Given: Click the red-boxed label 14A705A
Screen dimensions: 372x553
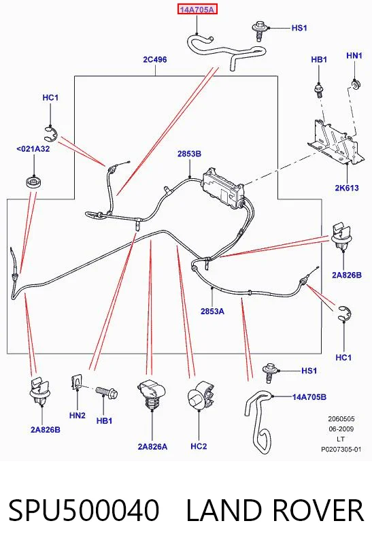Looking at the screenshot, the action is point(197,10).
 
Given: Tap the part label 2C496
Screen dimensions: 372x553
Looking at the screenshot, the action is point(155,60).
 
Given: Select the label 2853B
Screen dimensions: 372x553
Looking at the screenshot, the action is point(189,154).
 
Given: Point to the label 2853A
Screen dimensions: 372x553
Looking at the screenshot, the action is point(212,312).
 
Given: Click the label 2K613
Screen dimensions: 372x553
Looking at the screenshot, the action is point(347,188).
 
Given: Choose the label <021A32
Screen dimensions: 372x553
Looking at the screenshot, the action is point(33,149).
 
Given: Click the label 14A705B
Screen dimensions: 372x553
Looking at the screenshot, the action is point(309,397).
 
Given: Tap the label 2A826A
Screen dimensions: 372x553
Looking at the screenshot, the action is point(153,447).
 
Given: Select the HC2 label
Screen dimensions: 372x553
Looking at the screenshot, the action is point(199,446).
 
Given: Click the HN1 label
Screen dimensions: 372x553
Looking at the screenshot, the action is point(354,56).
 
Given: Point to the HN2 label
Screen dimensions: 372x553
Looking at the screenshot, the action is point(78,416).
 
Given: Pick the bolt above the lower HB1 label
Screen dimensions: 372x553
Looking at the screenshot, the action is point(107,392).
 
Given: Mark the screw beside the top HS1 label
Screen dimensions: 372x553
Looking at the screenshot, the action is point(259,31).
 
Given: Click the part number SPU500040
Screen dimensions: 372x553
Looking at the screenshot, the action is point(84,510).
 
